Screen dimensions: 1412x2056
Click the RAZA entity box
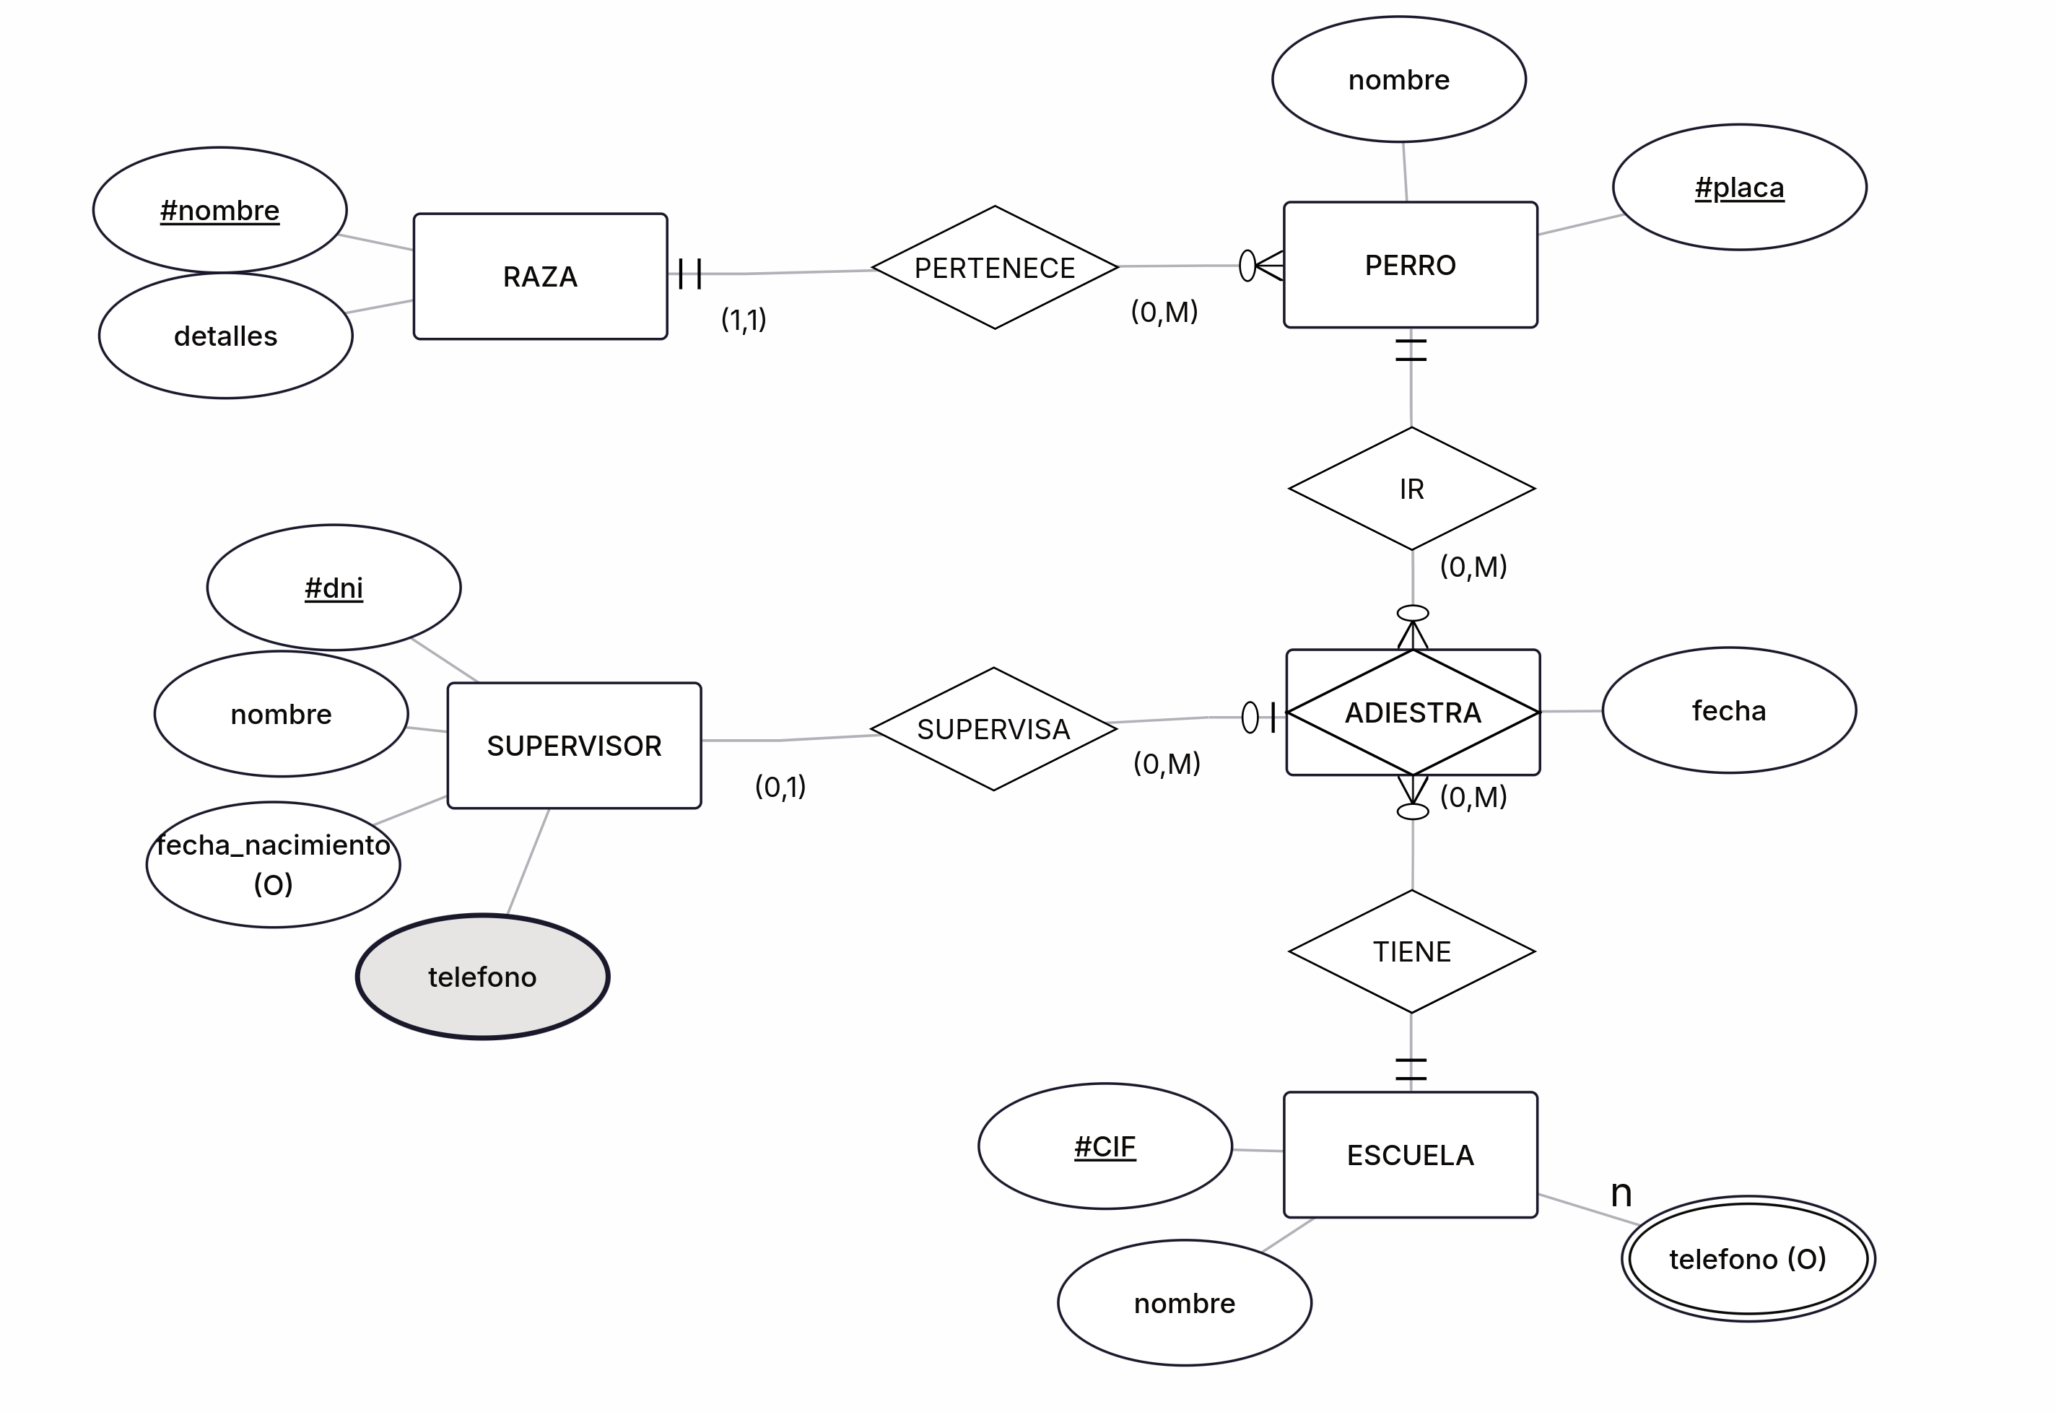[540, 276]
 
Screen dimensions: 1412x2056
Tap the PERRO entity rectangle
[1410, 264]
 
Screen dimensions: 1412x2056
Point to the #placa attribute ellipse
[1738, 188]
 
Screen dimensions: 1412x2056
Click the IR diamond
[1411, 489]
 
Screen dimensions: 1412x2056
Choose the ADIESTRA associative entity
[1412, 712]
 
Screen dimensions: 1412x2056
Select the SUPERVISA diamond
[993, 729]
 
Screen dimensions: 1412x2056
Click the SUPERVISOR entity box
[573, 745]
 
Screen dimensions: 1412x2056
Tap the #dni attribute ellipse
[334, 588]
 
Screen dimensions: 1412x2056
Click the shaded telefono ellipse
[482, 977]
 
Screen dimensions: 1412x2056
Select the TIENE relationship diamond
[1411, 951]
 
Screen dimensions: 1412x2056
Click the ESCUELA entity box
[1410, 1154]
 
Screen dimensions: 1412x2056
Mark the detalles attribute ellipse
[225, 336]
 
